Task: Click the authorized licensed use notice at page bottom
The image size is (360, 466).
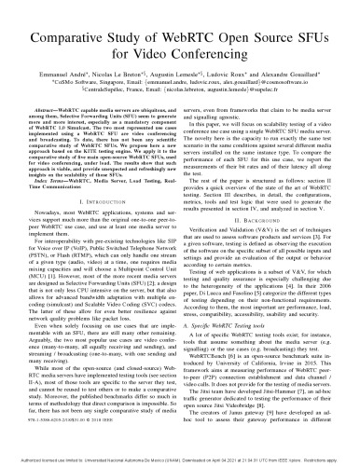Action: [x=180, y=459]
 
